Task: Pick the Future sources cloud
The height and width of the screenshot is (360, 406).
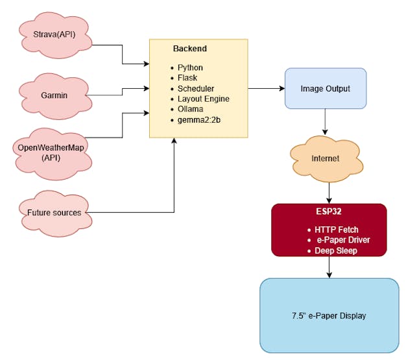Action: coord(54,211)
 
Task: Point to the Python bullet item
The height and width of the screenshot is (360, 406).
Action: coord(190,67)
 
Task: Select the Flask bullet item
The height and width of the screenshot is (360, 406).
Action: coord(187,78)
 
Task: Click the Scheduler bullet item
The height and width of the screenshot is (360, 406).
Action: coord(195,88)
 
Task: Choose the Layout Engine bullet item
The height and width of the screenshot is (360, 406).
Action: coord(203,99)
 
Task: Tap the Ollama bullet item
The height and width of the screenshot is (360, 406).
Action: coord(191,109)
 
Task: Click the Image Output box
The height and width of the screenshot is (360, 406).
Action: coord(325,88)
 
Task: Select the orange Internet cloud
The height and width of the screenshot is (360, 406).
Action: coord(325,158)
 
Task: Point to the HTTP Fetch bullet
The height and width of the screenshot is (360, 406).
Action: coord(336,230)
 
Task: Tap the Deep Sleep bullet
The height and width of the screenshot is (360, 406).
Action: coord(335,250)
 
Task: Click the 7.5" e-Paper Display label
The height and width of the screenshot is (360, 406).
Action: coord(329,316)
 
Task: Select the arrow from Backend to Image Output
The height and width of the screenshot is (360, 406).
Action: coord(266,88)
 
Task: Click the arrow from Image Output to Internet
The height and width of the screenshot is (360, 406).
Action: coord(325,123)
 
